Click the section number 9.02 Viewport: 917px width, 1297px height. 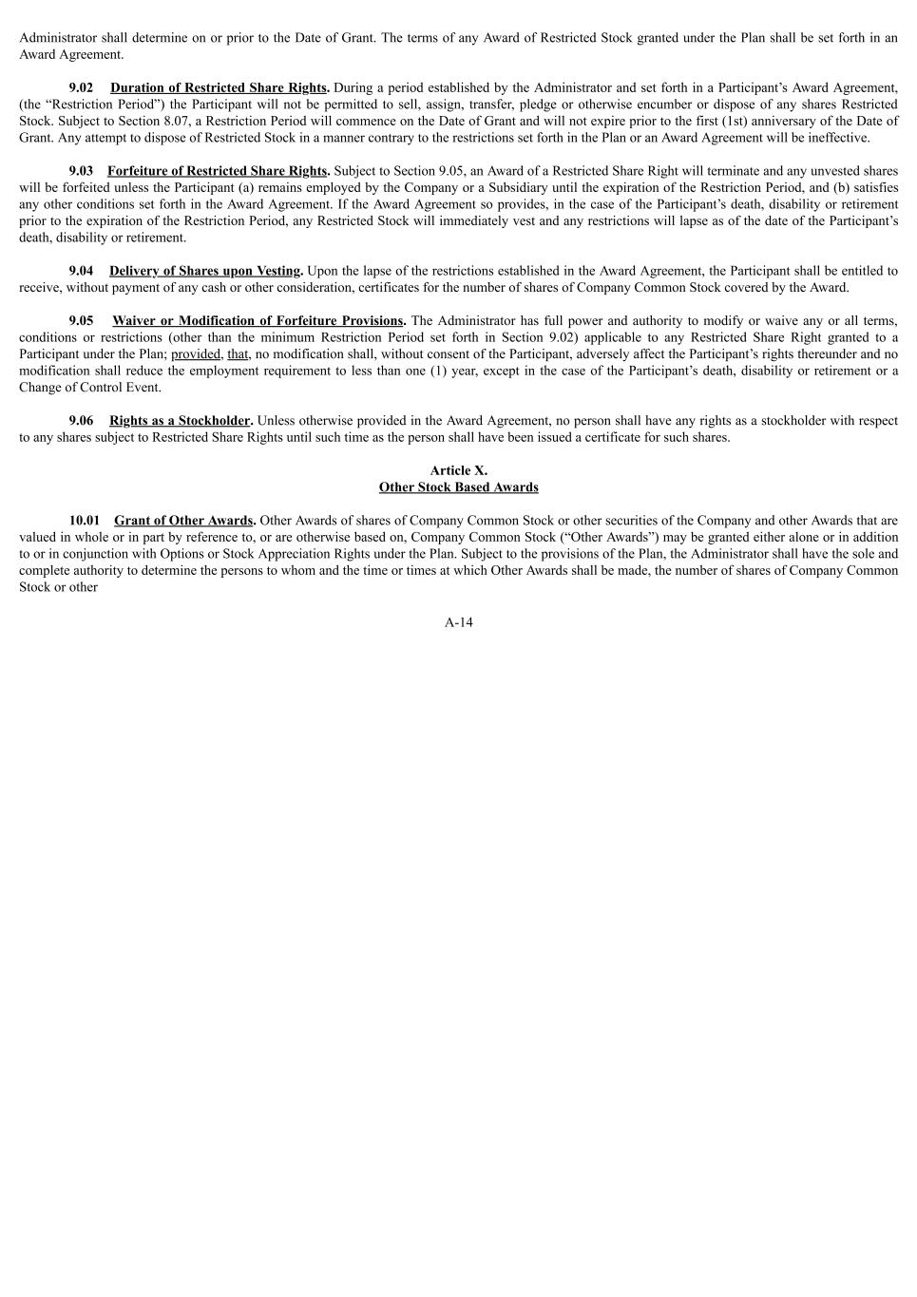click(x=81, y=87)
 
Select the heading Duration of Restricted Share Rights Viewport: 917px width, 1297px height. click(x=219, y=87)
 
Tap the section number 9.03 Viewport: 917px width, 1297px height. click(x=81, y=171)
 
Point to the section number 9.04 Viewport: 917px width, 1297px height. click(x=81, y=271)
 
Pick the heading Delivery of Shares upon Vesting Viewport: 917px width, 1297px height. click(x=204, y=271)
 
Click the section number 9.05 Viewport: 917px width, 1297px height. click(x=81, y=321)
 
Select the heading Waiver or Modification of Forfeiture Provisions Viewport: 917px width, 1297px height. click(x=258, y=321)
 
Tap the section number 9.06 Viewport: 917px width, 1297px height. click(x=81, y=421)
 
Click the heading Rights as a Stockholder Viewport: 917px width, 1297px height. click(x=180, y=421)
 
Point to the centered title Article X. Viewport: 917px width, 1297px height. click(x=458, y=470)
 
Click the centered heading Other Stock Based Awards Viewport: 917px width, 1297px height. click(x=458, y=487)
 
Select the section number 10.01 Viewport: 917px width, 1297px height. click(x=84, y=521)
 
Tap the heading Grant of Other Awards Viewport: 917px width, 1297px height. click(x=183, y=521)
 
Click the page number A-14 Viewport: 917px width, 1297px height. click(x=458, y=622)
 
